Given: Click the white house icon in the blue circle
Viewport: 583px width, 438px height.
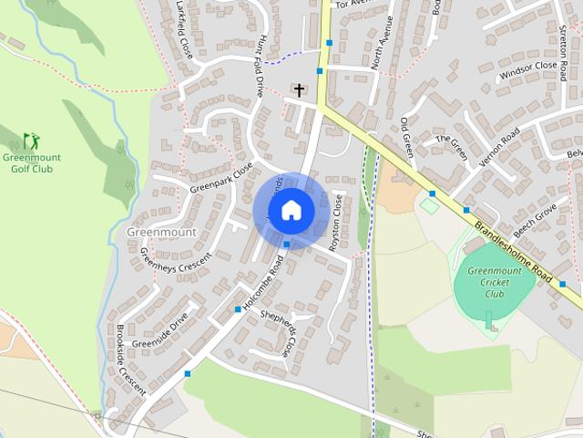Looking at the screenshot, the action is pos(291,210).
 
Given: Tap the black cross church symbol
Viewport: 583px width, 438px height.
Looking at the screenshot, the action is pos(298,89).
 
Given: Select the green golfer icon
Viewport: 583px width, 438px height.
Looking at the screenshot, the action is pos(31,141).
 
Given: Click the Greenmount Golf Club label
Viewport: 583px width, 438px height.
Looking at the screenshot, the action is pos(27,162).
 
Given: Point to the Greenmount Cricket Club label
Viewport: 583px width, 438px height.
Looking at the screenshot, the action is pos(495,282).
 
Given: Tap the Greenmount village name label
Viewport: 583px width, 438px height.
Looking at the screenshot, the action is pos(162,233).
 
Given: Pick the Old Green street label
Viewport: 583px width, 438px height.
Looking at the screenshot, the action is pos(407,136).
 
